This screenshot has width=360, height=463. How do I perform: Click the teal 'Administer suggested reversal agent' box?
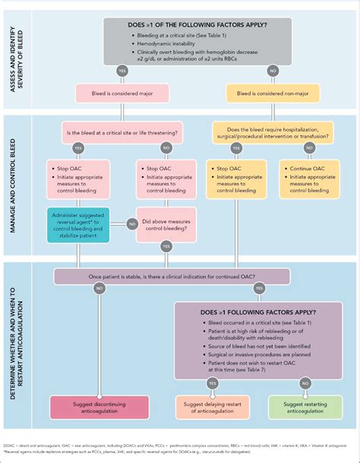80,224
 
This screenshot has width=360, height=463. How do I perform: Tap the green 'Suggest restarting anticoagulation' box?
301,405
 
